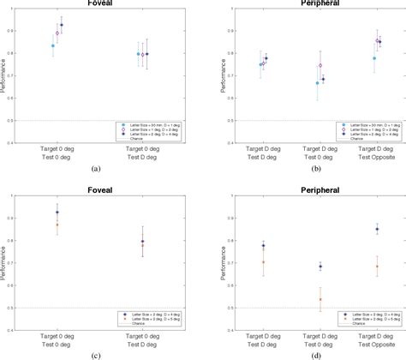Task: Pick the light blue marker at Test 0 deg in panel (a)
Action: tap(53, 46)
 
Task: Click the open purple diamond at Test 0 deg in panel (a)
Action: tap(57, 33)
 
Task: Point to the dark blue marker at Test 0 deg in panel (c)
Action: tap(57, 213)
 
